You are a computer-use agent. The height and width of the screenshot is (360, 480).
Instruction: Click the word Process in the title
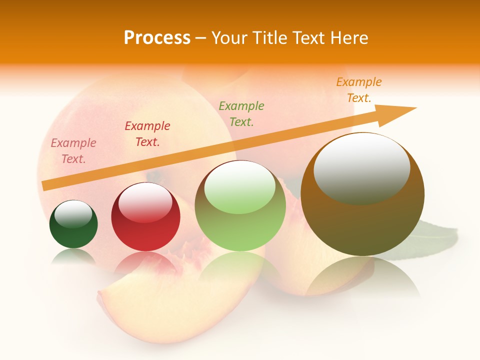click(x=157, y=38)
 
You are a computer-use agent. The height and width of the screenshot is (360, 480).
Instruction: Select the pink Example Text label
click(x=73, y=151)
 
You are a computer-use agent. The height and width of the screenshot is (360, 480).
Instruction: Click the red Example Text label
click(x=147, y=134)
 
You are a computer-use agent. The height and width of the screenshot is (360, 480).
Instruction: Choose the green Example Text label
click(x=241, y=113)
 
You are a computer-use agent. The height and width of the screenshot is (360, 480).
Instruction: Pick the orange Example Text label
click(x=359, y=90)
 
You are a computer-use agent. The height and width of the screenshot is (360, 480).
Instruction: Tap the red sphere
click(x=145, y=235)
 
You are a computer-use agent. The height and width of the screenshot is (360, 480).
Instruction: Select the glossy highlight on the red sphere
click(x=145, y=201)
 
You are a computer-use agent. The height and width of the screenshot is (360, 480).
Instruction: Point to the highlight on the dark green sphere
click(x=73, y=214)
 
